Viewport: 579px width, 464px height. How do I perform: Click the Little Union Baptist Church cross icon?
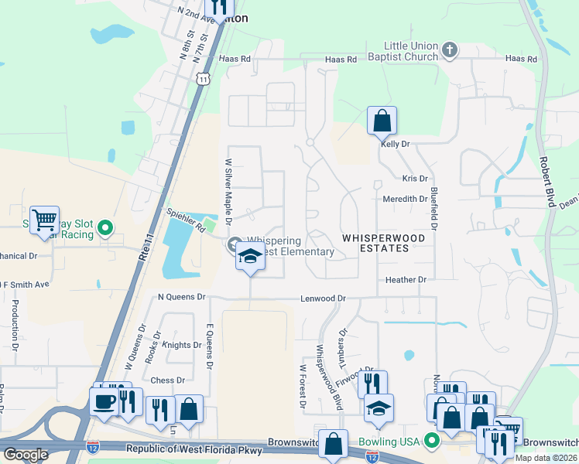pos(450,51)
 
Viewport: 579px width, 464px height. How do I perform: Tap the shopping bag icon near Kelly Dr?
pos(382,121)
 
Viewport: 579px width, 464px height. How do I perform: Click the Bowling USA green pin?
pos(433,442)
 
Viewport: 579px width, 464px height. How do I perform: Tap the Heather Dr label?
pos(406,279)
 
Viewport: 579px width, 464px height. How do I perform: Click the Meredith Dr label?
pos(406,199)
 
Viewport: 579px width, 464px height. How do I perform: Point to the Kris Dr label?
pos(415,179)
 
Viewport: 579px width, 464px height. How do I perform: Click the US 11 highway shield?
pos(203,79)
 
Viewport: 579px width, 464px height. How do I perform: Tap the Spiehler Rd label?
pos(185,219)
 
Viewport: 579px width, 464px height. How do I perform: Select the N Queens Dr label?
pos(181,296)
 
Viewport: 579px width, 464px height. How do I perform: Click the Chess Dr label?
pos(168,380)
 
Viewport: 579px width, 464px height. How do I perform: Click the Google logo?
pos(26,455)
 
